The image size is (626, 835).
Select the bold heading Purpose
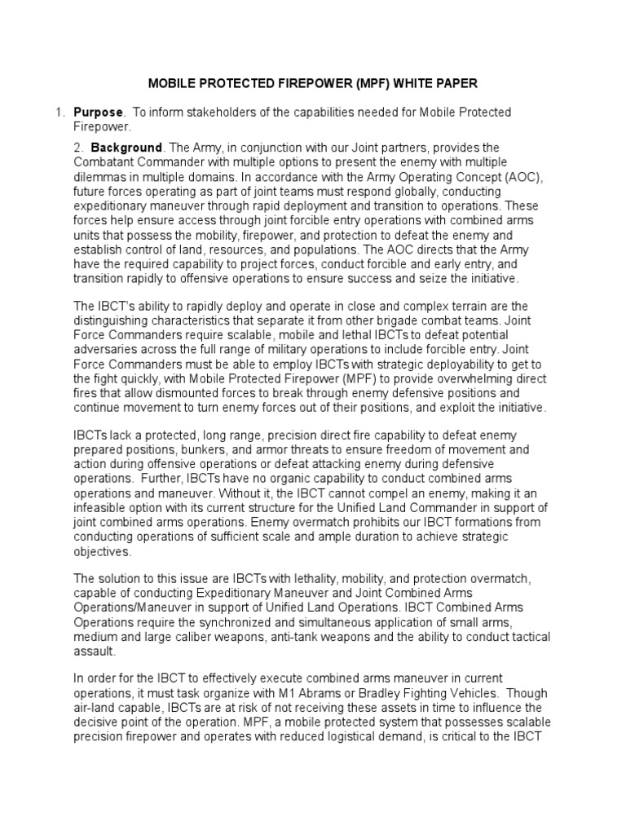pos(99,113)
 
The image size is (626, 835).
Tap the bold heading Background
pos(126,148)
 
